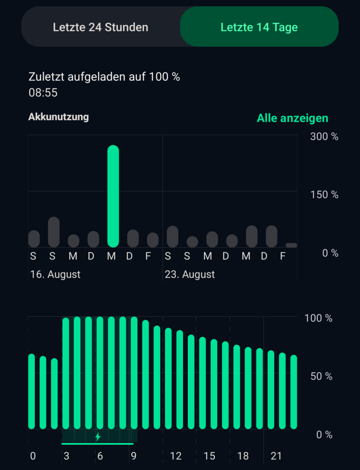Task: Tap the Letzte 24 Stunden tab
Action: click(101, 27)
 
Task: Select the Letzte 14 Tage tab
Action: click(259, 27)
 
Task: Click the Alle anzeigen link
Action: click(292, 118)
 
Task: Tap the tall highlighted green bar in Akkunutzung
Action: click(113, 196)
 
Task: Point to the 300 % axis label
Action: click(324, 137)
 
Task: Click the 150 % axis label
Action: click(324, 195)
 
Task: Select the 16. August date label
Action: click(55, 275)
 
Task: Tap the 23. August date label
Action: click(190, 275)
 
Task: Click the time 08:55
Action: click(43, 93)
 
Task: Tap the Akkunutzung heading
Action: click(58, 117)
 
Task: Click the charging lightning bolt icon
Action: click(98, 436)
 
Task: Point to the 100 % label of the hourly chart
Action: click(318, 318)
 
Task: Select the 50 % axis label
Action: click(321, 376)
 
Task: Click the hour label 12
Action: click(176, 456)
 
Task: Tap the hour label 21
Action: click(276, 456)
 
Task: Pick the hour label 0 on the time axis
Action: click(33, 456)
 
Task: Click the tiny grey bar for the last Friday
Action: click(291, 245)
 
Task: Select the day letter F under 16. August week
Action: click(148, 256)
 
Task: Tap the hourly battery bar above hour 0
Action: click(31, 392)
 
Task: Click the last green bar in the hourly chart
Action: click(293, 392)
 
